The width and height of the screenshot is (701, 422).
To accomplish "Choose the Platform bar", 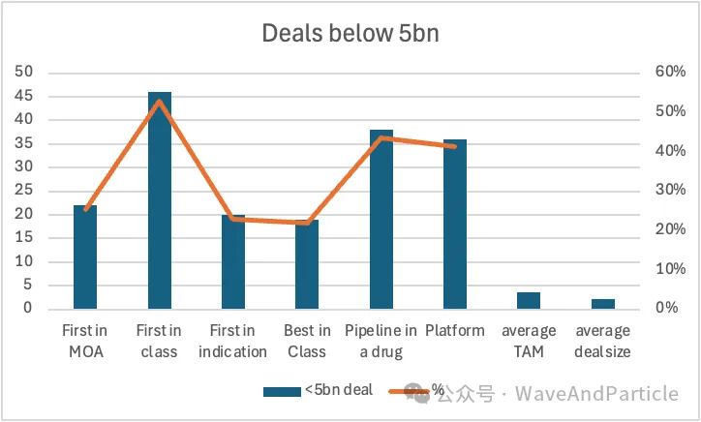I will click(x=455, y=224).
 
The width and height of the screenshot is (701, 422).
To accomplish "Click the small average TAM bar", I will click(x=529, y=300).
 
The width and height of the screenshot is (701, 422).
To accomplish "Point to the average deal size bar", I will click(x=602, y=303).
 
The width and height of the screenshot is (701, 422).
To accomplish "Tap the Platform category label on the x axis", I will click(x=455, y=331).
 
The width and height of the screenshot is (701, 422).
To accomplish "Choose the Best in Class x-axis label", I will click(x=307, y=341).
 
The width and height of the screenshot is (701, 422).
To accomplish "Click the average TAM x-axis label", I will click(x=529, y=341).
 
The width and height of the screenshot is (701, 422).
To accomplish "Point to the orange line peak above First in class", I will click(x=160, y=101).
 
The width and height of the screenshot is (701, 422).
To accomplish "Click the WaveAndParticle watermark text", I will click(x=596, y=393).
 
